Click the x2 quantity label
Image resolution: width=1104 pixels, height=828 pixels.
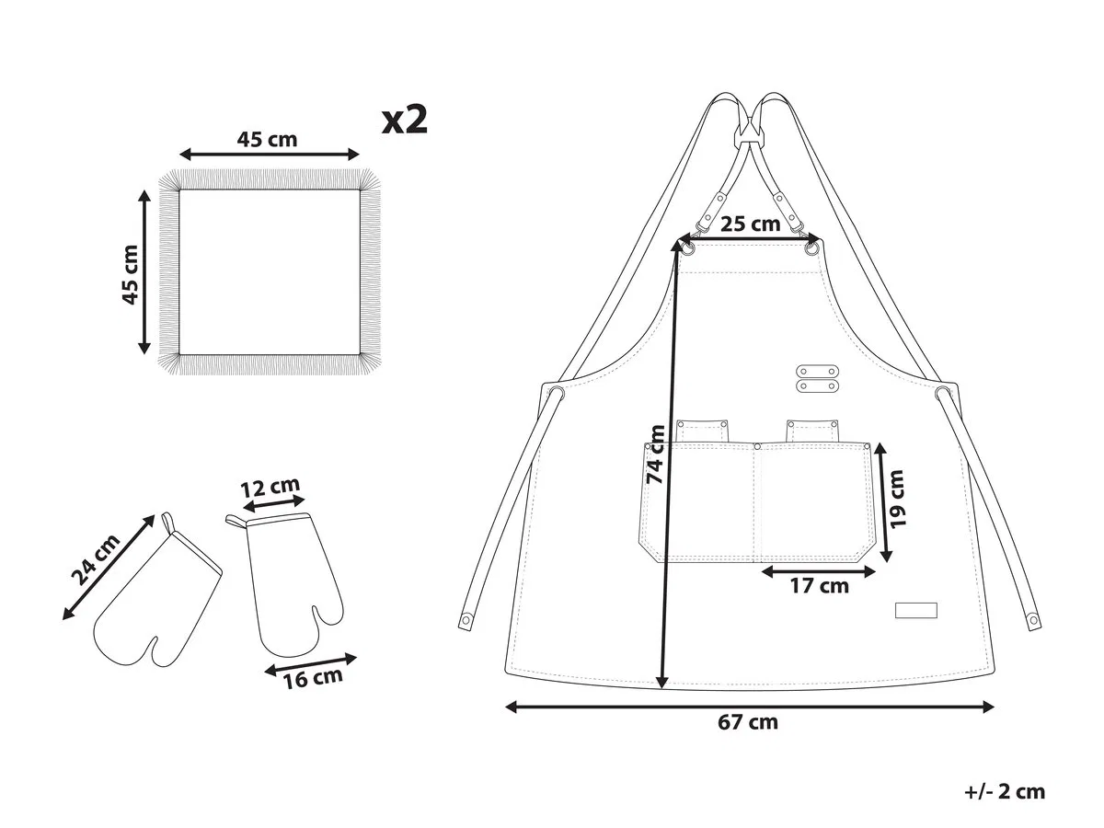(x=405, y=121)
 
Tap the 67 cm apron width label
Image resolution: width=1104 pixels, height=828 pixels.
(x=747, y=722)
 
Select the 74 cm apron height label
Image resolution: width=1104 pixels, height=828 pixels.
(x=655, y=455)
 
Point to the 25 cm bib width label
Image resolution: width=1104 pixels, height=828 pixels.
(x=750, y=224)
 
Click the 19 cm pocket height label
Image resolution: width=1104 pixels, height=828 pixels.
(x=897, y=499)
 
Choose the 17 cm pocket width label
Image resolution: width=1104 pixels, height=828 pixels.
(x=820, y=586)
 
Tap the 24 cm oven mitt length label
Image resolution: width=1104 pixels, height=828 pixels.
(x=96, y=559)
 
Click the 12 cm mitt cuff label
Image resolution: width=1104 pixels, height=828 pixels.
(x=270, y=487)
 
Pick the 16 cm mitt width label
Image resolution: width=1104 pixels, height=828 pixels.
(x=313, y=678)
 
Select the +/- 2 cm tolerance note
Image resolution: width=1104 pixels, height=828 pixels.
(x=1005, y=792)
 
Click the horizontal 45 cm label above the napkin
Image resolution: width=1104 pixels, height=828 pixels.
(x=267, y=139)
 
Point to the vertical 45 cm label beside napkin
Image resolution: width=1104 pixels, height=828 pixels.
(x=131, y=274)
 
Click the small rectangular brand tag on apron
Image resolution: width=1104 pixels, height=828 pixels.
(x=916, y=610)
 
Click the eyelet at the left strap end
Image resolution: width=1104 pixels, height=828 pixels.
(x=466, y=621)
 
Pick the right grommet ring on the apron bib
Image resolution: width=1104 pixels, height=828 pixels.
(x=811, y=247)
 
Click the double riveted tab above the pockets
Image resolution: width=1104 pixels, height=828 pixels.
(x=817, y=378)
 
